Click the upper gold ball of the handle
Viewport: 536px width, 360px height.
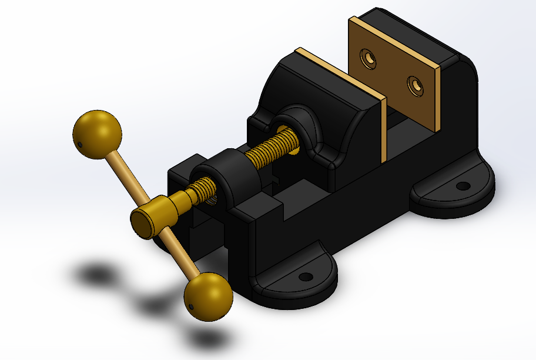[x=98, y=134]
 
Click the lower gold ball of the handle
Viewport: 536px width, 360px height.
[x=209, y=296]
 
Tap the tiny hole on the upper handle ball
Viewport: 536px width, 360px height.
[x=79, y=143]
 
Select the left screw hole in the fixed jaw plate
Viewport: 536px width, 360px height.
[x=369, y=58]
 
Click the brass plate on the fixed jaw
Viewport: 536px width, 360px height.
[x=394, y=74]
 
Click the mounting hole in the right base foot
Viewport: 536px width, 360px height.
[x=463, y=186]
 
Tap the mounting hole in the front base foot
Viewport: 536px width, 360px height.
[x=305, y=276]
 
